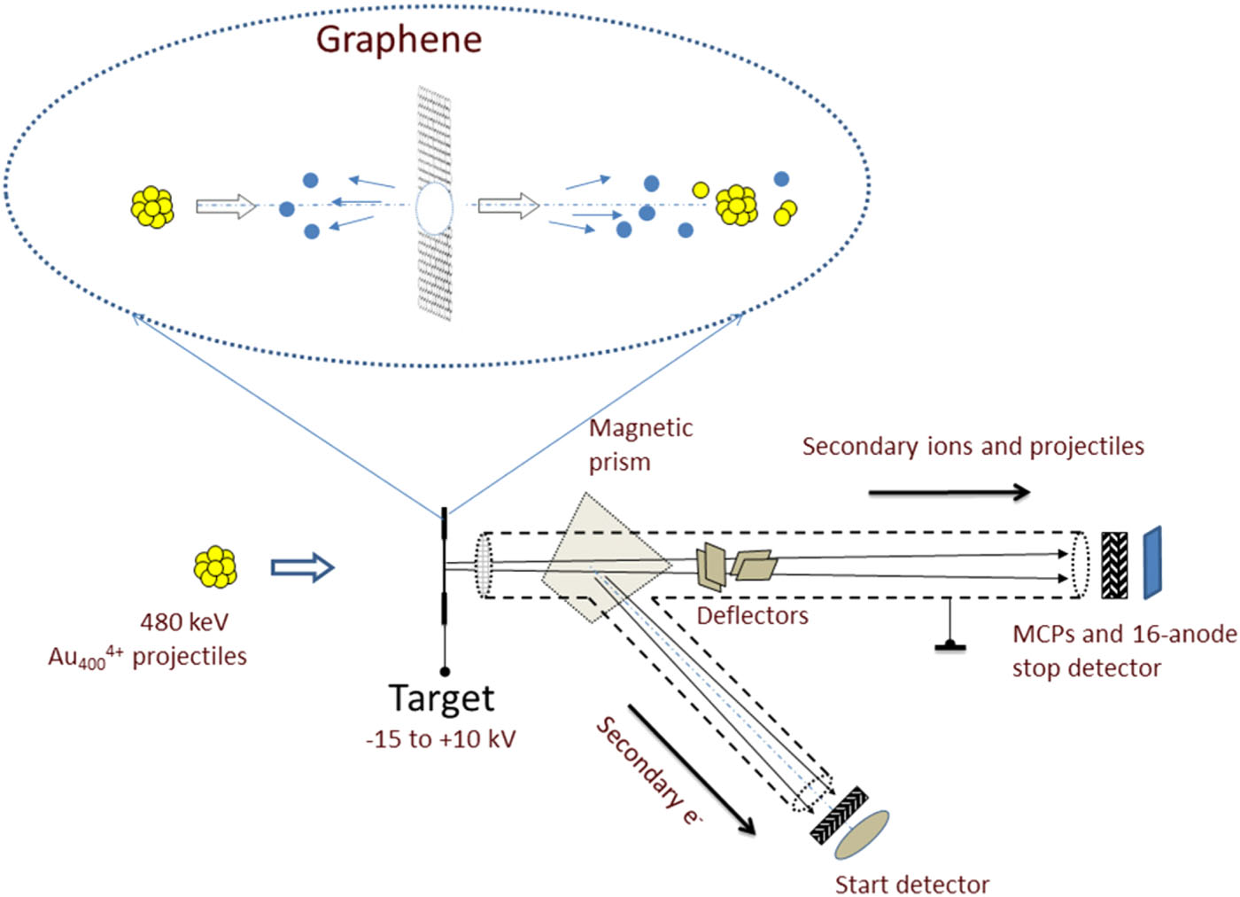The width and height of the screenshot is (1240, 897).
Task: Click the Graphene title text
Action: (x=399, y=40)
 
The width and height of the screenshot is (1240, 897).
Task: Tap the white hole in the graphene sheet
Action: (x=434, y=208)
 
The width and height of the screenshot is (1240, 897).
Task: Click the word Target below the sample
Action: (x=441, y=698)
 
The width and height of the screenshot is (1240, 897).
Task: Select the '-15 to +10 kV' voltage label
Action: (x=440, y=738)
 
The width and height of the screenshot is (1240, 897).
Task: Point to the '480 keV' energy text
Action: (x=184, y=621)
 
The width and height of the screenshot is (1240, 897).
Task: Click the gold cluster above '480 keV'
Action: (x=215, y=566)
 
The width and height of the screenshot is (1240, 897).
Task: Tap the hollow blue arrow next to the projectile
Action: (x=302, y=567)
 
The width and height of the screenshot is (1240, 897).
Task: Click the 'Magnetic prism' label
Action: (x=639, y=444)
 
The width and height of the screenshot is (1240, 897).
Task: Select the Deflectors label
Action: (x=752, y=615)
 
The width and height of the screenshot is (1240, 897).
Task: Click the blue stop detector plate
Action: (x=1151, y=563)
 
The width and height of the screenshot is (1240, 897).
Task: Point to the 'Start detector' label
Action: (x=911, y=884)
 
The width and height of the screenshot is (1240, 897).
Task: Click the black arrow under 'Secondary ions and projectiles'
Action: (x=949, y=492)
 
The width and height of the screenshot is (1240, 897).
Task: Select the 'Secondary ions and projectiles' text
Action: (x=973, y=446)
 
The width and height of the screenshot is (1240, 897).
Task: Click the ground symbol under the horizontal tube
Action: (x=950, y=643)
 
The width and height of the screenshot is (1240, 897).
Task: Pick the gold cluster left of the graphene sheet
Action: (x=152, y=207)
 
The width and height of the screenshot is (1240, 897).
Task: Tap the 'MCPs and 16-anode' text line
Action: (x=1124, y=634)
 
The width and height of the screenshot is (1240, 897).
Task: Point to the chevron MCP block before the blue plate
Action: (x=1114, y=565)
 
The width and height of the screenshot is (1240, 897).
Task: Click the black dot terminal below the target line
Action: (x=445, y=672)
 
